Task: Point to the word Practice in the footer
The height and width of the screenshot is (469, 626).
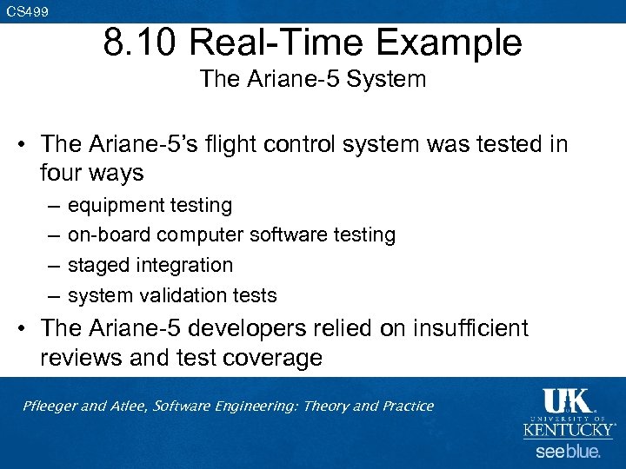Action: tap(404, 406)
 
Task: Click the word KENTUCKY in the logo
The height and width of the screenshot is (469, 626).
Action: tap(568, 430)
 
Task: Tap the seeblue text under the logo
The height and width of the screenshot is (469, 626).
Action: tap(567, 452)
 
